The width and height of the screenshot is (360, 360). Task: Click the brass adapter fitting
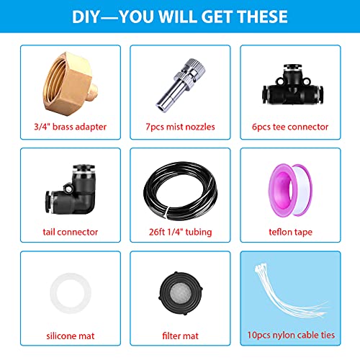[x=71, y=84]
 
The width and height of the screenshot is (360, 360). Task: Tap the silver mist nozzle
[x=181, y=85]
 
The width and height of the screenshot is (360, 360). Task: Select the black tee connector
[x=292, y=84]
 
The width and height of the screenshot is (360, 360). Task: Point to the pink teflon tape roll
[x=290, y=189]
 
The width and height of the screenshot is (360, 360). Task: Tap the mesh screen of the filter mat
[x=180, y=293]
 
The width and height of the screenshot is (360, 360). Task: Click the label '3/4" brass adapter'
[x=71, y=127]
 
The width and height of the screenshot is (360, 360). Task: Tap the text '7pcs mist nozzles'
[x=180, y=127]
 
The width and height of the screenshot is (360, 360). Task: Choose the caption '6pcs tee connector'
[x=290, y=127]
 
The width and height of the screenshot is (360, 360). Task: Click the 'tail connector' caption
[x=71, y=232]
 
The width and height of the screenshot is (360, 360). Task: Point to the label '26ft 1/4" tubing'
[x=180, y=232]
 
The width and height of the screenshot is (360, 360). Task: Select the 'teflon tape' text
[x=290, y=233]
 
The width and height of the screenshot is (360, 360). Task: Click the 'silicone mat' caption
[x=71, y=336]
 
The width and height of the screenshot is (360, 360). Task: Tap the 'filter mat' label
[x=180, y=336]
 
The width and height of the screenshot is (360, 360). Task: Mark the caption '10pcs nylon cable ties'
[x=291, y=335]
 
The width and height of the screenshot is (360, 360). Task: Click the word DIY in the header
[x=86, y=17]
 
